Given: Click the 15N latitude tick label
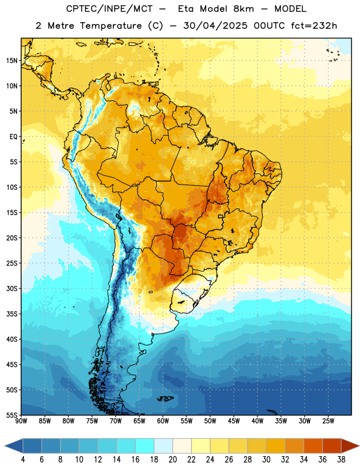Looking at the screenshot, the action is tap(12, 61).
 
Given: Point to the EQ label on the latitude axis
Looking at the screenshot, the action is tap(13, 137).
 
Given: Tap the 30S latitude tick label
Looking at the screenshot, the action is tap(12, 288).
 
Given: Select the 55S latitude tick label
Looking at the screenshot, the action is tap(12, 415).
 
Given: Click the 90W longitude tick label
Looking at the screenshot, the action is tap(21, 421).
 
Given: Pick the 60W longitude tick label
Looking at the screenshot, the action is tap(163, 421).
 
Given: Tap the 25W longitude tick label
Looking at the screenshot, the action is tap(328, 421).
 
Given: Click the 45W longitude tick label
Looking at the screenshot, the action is tap(234, 421).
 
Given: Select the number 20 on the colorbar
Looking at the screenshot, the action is tap(172, 460).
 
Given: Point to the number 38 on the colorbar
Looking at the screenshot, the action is tap(341, 460).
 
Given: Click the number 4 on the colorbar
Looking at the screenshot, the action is tap(23, 460).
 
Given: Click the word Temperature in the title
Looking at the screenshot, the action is tap(111, 26).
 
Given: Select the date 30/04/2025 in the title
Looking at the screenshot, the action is tap(215, 26).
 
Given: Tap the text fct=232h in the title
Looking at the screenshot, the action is tap(314, 26).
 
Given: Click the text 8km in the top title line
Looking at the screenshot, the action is tap(243, 9).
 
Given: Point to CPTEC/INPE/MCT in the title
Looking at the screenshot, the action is tap(110, 9).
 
